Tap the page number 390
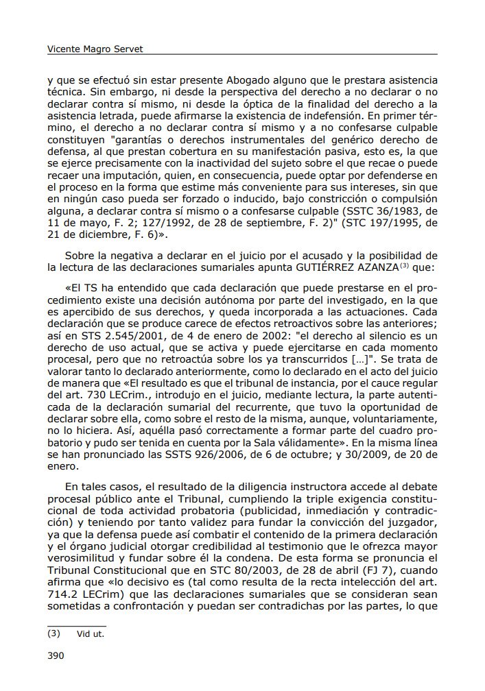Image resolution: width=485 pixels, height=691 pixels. [x=56, y=655]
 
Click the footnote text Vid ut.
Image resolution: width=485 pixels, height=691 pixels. [x=91, y=634]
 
